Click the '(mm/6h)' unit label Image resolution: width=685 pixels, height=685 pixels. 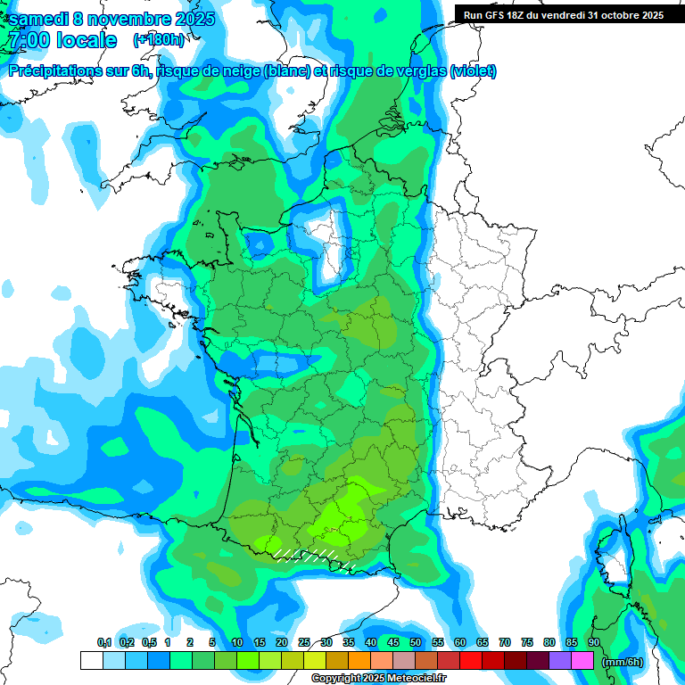pyautogui.click(x=623, y=661)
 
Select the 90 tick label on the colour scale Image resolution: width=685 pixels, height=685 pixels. pyautogui.click(x=593, y=643)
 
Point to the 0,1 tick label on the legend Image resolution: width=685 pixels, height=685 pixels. pyautogui.click(x=104, y=643)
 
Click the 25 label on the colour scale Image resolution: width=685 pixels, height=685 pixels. pyautogui.click(x=304, y=643)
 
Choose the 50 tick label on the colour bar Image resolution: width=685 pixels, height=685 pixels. pyautogui.click(x=416, y=643)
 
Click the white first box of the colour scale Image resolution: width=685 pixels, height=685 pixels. pyautogui.click(x=91, y=660)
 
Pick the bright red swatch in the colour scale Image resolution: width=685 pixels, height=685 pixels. pyautogui.click(x=471, y=660)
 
